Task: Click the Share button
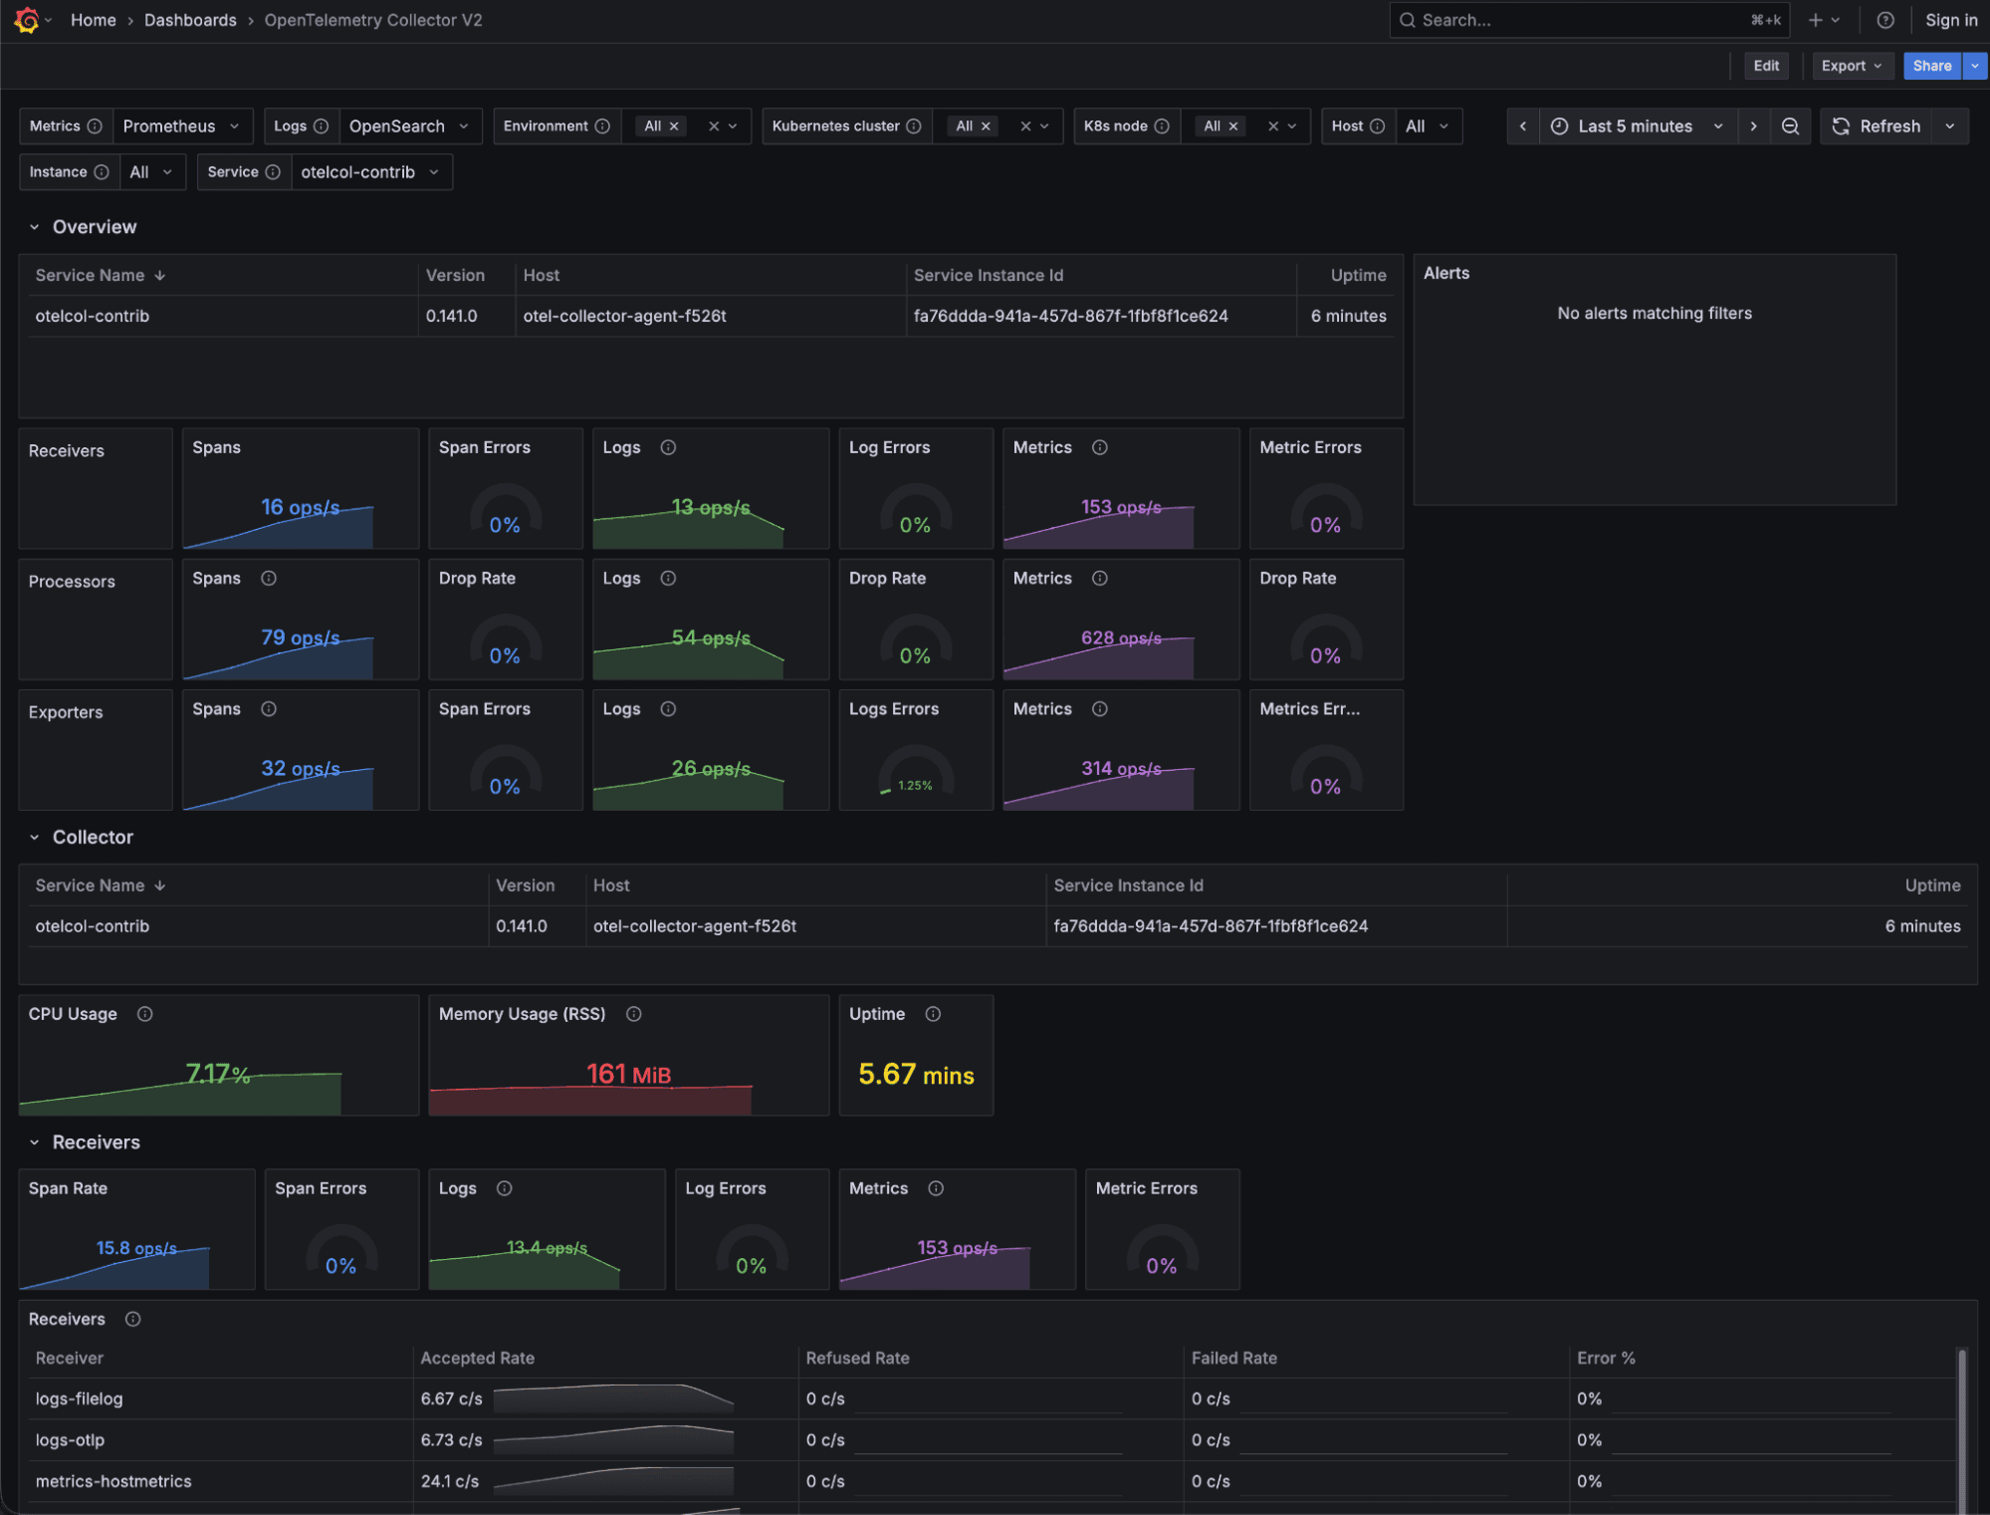pyautogui.click(x=1931, y=66)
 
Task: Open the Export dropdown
pyautogui.click(x=1851, y=66)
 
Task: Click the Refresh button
pyautogui.click(x=1878, y=126)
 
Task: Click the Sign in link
pyautogui.click(x=1950, y=20)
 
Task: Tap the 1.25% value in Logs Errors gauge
pyautogui.click(x=915, y=786)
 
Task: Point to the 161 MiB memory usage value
pyautogui.click(x=628, y=1075)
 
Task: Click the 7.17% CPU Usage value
pyautogui.click(x=217, y=1074)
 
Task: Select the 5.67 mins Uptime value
pyautogui.click(x=916, y=1075)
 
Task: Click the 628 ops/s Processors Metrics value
pyautogui.click(x=1121, y=637)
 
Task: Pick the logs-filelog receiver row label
pyautogui.click(x=80, y=1398)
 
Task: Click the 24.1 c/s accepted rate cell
pyautogui.click(x=450, y=1481)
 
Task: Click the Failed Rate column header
pyautogui.click(x=1233, y=1358)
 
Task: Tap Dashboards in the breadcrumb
pyautogui.click(x=190, y=20)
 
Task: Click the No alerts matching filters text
pyautogui.click(x=1654, y=313)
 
